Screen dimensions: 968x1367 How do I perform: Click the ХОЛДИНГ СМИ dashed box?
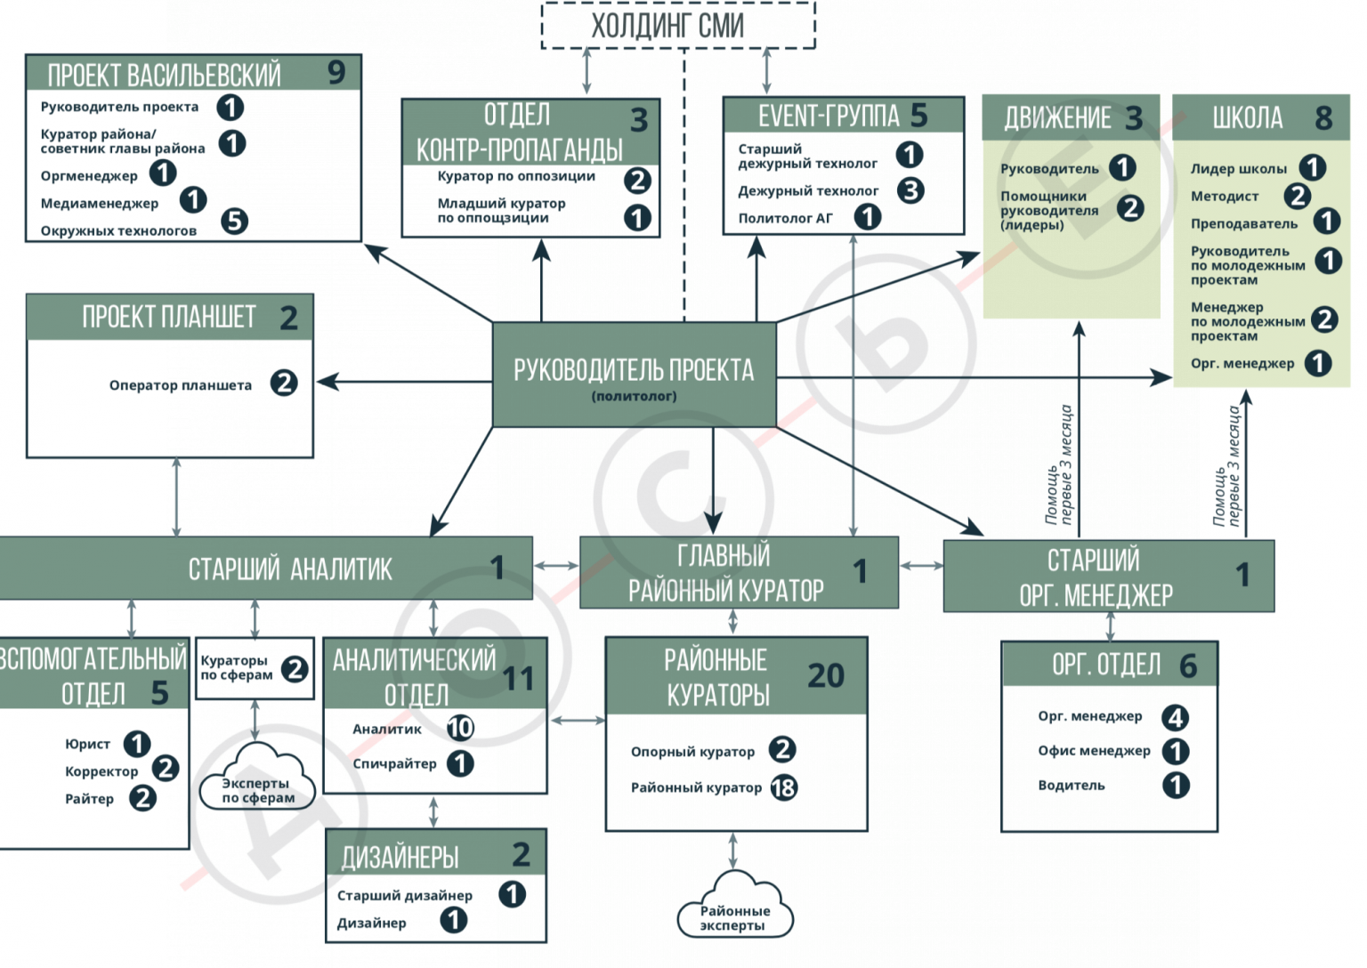click(677, 26)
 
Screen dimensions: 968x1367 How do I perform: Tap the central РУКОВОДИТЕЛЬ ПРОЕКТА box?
click(634, 375)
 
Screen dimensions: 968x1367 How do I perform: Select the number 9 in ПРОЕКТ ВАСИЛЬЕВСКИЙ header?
click(336, 72)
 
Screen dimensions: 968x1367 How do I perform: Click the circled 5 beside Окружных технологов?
click(234, 221)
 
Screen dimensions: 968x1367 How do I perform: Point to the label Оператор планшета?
click(180, 385)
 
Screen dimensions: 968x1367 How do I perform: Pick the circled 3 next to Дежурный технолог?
click(910, 190)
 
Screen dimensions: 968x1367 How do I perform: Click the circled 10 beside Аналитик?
click(460, 729)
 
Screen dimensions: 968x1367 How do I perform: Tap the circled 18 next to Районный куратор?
click(783, 787)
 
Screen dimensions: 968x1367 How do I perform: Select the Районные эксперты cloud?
click(734, 911)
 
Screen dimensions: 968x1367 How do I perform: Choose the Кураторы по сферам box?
click(255, 668)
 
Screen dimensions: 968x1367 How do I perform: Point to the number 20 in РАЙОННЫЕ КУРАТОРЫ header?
click(825, 676)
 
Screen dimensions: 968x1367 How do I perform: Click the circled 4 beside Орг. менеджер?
click(1175, 717)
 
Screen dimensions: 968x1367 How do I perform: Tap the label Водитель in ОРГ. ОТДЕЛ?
click(1071, 786)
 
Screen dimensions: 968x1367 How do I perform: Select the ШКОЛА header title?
click(1247, 117)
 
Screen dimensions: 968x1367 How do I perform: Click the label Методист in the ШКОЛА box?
click(1224, 196)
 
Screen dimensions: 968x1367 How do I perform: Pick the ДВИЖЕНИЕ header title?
click(1057, 118)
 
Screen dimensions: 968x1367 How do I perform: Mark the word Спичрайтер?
click(394, 763)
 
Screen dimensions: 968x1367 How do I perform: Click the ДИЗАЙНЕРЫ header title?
click(400, 857)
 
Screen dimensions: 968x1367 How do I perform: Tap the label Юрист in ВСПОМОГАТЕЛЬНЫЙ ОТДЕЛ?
click(87, 744)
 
